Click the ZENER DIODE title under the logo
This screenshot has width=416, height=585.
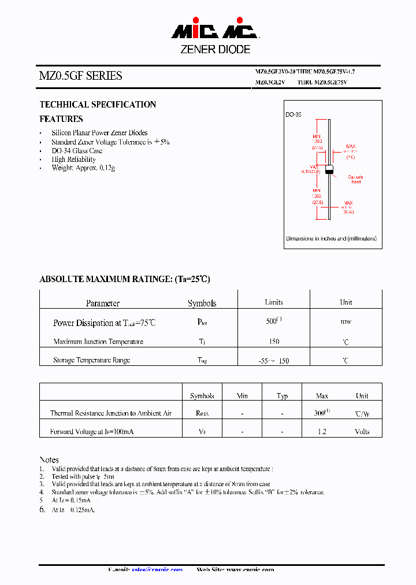point(215,50)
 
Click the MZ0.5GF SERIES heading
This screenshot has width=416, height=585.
point(80,76)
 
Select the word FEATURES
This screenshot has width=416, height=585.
point(61,119)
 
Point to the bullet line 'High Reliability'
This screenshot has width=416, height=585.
point(73,159)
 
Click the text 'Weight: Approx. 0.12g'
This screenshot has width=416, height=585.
point(83,168)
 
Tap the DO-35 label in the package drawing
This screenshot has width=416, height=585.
point(294,115)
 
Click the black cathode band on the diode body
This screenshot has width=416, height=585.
point(330,170)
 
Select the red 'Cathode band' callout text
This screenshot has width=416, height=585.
point(356,179)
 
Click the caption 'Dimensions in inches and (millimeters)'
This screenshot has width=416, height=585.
point(331,238)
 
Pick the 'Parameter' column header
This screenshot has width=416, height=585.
point(103,303)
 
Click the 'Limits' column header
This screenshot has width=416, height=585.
point(274,302)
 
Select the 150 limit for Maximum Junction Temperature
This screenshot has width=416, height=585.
point(274,342)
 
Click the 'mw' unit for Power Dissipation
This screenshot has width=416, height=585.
point(346,321)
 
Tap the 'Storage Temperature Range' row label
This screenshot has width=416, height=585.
point(92,360)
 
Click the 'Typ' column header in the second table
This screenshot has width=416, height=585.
point(282,396)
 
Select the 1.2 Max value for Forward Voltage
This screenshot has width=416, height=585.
point(322,432)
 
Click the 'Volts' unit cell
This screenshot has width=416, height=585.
point(362,432)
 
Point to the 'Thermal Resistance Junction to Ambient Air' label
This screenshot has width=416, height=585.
point(111,413)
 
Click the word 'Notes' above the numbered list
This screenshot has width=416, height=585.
point(49,460)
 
